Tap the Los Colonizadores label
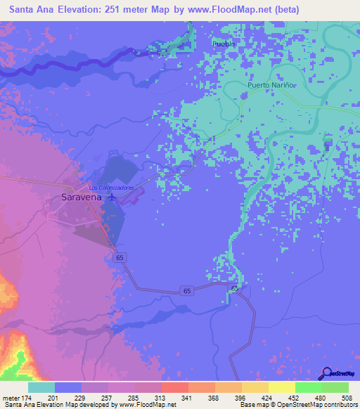112,188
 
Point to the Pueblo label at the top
224,44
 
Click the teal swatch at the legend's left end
41,387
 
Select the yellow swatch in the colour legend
281,387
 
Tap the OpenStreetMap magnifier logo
326,374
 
